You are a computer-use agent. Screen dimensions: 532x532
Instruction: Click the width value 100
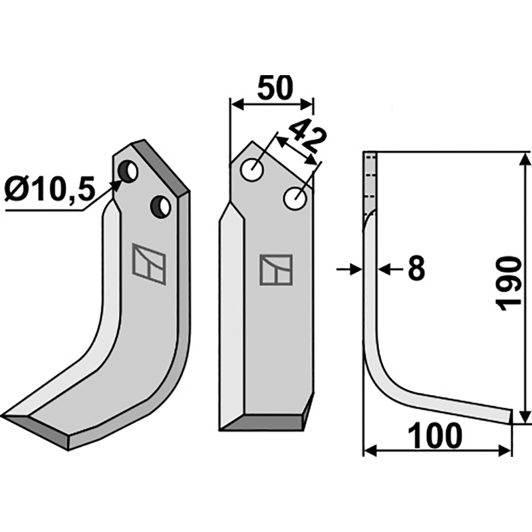436,437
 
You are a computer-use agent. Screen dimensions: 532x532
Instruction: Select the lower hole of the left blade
160,206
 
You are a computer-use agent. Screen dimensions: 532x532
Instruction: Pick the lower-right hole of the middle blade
295,198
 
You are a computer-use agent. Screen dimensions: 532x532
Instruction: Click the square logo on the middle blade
276,270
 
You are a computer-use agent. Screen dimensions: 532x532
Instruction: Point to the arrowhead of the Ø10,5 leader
118,184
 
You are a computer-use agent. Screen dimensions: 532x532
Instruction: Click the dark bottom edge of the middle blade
263,424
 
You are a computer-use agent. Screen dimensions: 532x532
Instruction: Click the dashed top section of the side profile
370,176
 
